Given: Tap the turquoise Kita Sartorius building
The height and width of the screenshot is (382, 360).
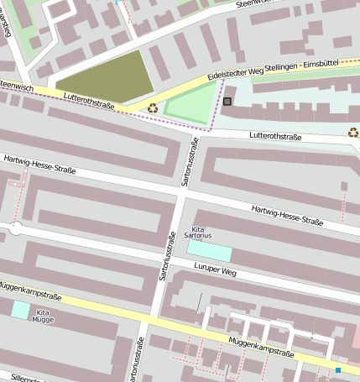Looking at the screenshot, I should point(209,250).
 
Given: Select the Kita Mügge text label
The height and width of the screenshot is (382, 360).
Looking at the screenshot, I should point(43,317).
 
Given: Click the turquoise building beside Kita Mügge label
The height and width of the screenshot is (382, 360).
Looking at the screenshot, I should point(19,309).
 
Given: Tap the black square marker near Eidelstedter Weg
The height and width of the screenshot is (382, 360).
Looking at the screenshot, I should point(227,102).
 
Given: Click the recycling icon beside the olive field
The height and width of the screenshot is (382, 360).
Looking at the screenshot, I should point(153,107).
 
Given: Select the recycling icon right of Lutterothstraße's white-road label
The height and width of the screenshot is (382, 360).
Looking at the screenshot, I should point(353,132).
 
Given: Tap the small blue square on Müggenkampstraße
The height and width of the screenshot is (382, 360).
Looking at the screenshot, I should point(338,369).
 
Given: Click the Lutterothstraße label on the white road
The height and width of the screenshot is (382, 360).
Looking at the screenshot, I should point(274,136).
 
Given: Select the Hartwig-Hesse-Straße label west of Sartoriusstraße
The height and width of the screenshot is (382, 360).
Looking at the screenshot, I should point(39,164).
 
